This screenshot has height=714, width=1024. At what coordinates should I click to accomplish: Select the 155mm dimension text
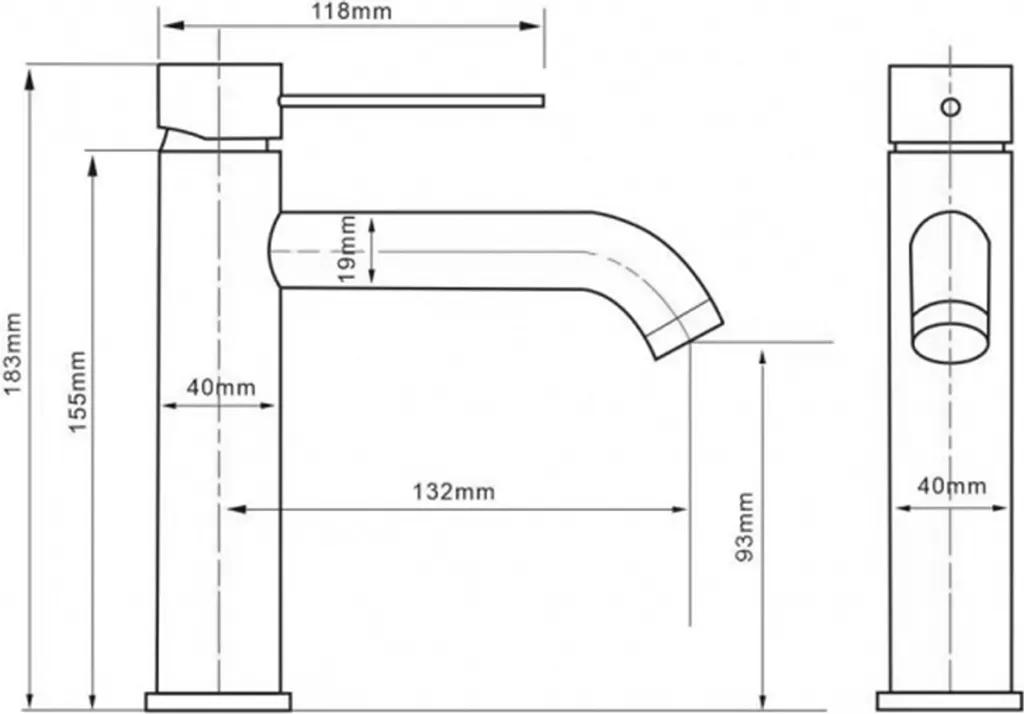[78, 391]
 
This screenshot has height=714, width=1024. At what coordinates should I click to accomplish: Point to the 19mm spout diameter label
[348, 249]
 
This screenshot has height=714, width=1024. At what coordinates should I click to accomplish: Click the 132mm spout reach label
[453, 491]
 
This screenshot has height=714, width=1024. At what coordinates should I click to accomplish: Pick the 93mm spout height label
[744, 527]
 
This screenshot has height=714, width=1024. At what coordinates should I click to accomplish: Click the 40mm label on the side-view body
[221, 387]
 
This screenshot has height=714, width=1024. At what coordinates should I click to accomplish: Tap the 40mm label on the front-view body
[952, 486]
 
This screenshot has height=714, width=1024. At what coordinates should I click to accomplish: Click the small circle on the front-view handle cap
[950, 106]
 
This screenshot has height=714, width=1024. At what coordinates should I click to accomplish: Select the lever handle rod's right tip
[543, 100]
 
